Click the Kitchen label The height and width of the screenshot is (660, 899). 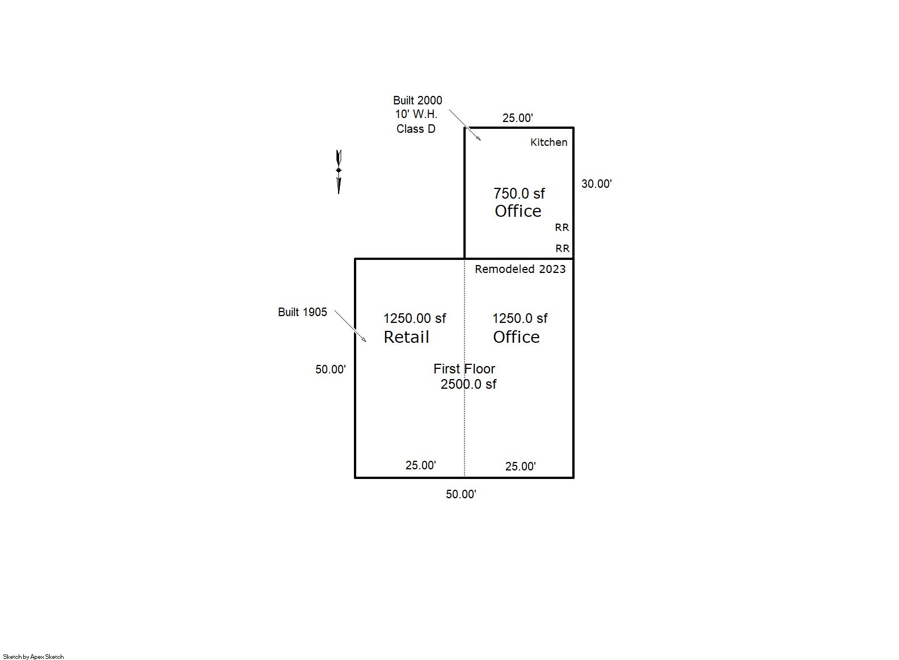pyautogui.click(x=548, y=142)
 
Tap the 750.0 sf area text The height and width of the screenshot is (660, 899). pyautogui.click(x=519, y=194)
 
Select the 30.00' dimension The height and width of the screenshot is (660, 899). pyautogui.click(x=596, y=184)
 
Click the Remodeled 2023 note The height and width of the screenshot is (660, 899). pyautogui.click(x=520, y=269)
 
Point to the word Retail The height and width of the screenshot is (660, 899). pyautogui.click(x=406, y=337)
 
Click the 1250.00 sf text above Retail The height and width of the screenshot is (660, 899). pyautogui.click(x=415, y=318)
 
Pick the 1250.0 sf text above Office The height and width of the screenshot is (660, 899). pyautogui.click(x=520, y=318)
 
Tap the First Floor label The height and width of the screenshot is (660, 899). pyautogui.click(x=464, y=368)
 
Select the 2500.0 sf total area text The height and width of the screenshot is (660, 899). pyautogui.click(x=469, y=384)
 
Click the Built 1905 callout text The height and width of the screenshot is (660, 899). pyautogui.click(x=302, y=312)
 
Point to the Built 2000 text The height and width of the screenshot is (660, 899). pyautogui.click(x=417, y=100)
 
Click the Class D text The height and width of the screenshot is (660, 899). pyautogui.click(x=416, y=129)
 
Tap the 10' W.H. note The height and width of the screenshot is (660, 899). pyautogui.click(x=416, y=115)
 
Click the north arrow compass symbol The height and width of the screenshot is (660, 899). pyautogui.click(x=339, y=172)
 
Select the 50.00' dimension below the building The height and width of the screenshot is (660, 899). pyautogui.click(x=461, y=494)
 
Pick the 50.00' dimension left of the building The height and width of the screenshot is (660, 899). pyautogui.click(x=330, y=369)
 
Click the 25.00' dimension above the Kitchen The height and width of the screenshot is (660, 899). pyautogui.click(x=517, y=118)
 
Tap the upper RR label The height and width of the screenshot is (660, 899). pyautogui.click(x=562, y=228)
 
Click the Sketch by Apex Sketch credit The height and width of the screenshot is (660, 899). pyautogui.click(x=33, y=657)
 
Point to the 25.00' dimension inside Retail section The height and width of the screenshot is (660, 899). pyautogui.click(x=420, y=465)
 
